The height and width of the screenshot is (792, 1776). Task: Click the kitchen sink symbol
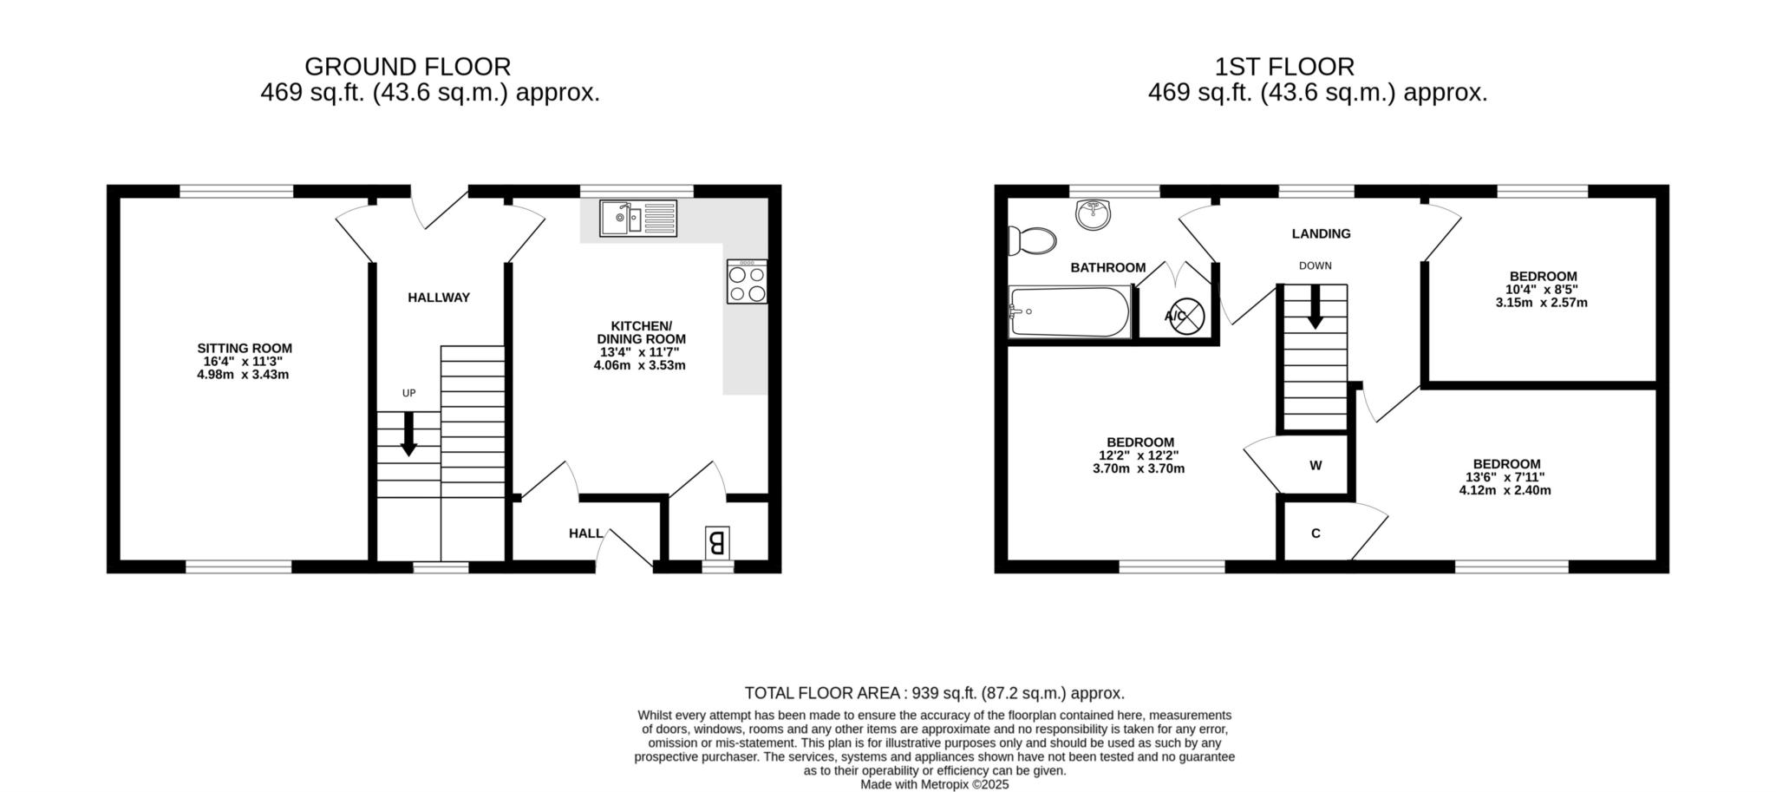coord(638,218)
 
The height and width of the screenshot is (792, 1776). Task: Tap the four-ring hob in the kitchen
coord(747,282)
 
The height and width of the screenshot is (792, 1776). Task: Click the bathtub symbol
coord(1070,312)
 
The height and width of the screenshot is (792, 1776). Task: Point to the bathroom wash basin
coord(1094,214)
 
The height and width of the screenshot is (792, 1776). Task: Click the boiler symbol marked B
coord(717,543)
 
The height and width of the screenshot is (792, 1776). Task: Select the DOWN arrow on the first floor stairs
coord(1316,306)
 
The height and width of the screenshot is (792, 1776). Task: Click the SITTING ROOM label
coord(245,349)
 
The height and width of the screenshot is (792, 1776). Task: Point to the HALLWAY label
coord(439,298)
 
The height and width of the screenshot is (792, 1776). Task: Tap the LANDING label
coord(1321,233)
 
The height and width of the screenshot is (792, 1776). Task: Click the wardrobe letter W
coord(1316,466)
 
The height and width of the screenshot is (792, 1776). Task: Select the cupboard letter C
coord(1316,533)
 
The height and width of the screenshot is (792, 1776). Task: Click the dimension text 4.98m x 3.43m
coord(243,375)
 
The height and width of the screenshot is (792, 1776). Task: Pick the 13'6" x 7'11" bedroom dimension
coord(1505,477)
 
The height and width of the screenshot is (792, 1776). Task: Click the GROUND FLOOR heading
coord(408,67)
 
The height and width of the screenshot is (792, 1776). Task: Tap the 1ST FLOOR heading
coord(1284,67)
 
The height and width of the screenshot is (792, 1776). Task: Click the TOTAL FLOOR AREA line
coord(935,693)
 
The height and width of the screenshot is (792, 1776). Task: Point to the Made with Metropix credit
coord(935,784)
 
